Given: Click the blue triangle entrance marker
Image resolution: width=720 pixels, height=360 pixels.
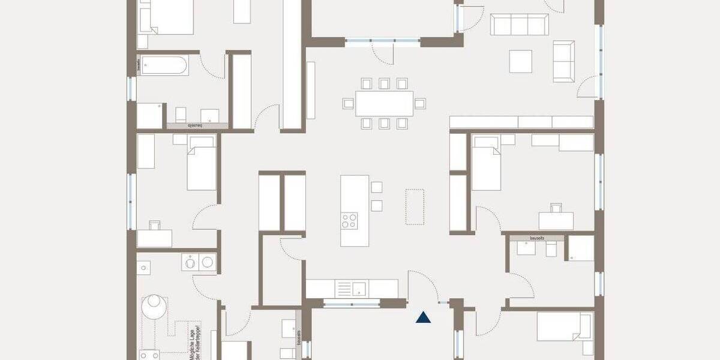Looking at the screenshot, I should point(424,317).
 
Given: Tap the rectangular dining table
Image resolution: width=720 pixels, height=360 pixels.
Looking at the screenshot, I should point(384,103).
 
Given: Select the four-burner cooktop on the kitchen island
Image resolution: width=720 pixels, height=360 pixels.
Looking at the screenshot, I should point(349,220).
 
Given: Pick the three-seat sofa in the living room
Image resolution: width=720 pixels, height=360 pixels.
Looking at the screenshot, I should point(519,25).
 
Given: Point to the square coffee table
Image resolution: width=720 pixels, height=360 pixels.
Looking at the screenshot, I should point(521,61).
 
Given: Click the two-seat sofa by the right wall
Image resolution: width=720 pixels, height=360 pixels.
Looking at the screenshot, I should point(563,61).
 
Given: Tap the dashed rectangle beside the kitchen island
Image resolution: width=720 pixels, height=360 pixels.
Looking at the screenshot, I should point(415,206).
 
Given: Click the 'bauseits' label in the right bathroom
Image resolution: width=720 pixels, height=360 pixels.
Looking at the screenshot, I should point(537,238).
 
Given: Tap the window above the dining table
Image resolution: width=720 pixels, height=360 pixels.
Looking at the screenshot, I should point(382,41).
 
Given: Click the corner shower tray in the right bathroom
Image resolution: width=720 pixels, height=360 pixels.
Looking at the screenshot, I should point(581,248).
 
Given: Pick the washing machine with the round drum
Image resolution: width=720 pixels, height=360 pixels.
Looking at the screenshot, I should point(190,262).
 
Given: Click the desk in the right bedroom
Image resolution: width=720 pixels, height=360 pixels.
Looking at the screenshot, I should point(556,221).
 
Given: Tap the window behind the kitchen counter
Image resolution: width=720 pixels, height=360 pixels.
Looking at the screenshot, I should point(352,304).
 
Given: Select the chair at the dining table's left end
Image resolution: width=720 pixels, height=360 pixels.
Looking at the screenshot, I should point(348,103).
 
